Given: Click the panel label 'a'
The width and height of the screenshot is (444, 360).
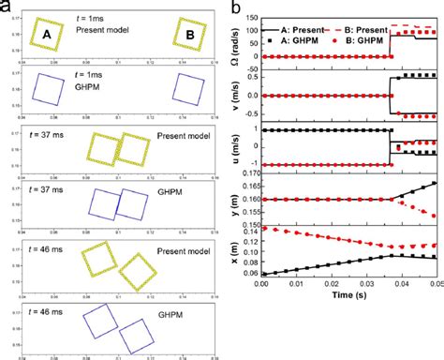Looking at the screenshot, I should click(7, 7).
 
